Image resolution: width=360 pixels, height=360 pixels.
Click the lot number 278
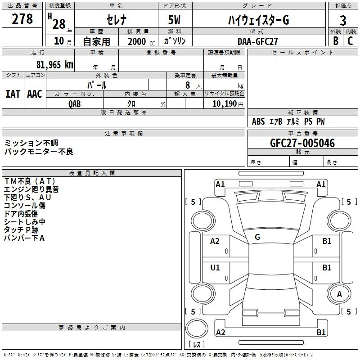pos(23,19)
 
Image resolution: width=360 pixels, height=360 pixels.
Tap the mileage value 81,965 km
pos(54,65)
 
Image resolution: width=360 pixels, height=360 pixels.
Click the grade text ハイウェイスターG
pos(257,20)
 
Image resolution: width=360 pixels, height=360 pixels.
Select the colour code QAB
pos(75,103)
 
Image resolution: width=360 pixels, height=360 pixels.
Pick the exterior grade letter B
pos(335,41)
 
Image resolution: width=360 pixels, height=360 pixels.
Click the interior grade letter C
pos(350,41)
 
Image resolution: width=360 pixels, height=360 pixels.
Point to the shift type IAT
pos(13,94)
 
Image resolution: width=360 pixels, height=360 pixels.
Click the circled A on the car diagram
pos(340,294)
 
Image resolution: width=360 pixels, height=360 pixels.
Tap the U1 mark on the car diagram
pos(215,268)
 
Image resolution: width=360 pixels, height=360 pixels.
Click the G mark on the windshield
pos(257,237)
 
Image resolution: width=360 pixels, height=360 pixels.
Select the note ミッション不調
pos(31,143)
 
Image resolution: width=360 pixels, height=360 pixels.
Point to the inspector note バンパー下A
pos(24,238)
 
